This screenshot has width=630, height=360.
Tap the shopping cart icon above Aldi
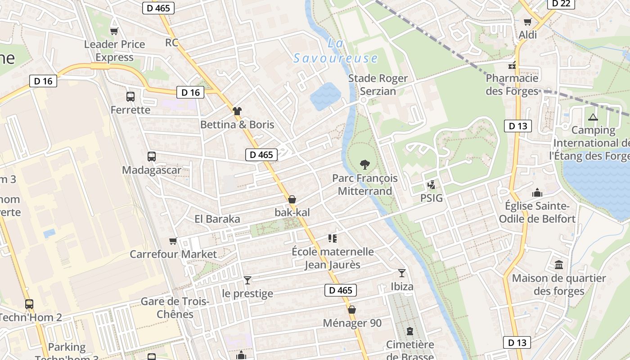pos(528,22)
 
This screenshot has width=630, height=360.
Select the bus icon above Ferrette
pos(130,96)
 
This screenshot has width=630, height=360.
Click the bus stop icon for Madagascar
pos(152,157)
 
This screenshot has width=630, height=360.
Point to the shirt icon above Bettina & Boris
pos(237,111)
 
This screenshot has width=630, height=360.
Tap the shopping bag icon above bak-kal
pos(292,199)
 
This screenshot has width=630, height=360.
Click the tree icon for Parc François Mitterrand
pos(365,165)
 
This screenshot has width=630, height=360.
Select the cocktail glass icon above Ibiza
pos(402,273)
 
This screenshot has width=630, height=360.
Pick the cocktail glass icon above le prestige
pos(247,280)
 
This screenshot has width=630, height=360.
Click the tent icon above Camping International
pos(593,117)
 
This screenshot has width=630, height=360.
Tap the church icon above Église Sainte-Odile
pos(537,193)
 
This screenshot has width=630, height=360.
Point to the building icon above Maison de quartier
pos(559,265)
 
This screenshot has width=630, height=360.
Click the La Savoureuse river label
pos(336,51)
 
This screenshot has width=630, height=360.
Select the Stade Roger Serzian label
pos(378,85)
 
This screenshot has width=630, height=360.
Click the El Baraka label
pos(217,219)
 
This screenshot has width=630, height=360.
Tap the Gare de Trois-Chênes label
pos(175,308)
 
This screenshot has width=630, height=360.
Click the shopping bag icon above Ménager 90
pos(352,310)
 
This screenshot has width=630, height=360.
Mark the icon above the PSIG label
pos(432,184)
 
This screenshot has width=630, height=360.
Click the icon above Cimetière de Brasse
pos(409,331)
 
